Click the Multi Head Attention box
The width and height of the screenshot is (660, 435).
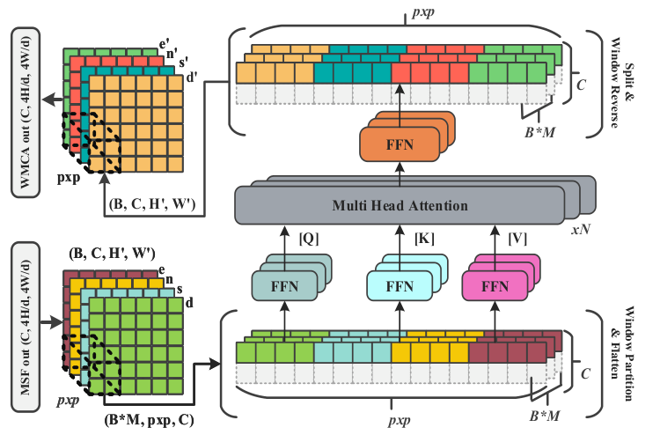pos(400,206)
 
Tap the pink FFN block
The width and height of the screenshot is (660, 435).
pos(496,286)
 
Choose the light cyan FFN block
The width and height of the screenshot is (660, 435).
pos(400,286)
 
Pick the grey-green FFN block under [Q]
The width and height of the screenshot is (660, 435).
pos(282,286)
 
